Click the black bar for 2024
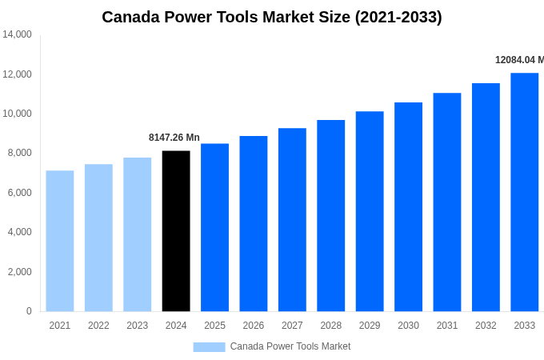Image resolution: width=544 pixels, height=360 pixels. click(176, 231)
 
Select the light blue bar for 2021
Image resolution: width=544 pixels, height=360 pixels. click(60, 241)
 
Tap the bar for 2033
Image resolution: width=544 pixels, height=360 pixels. click(524, 192)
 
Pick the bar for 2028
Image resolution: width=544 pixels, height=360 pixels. click(330, 216)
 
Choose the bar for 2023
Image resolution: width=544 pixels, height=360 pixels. click(138, 234)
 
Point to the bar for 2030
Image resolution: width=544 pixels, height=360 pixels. click(408, 207)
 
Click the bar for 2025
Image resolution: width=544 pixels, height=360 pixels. click(214, 227)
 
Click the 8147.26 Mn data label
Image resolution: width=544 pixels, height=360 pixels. click(174, 138)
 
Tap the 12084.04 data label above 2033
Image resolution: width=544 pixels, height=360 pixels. click(519, 60)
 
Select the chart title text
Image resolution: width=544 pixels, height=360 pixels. click(272, 17)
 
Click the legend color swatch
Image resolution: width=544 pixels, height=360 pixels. click(209, 346)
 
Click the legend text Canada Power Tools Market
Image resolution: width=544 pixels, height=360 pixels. click(290, 346)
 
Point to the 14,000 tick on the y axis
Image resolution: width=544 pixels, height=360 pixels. click(17, 34)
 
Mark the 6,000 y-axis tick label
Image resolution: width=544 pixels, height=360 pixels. click(18, 193)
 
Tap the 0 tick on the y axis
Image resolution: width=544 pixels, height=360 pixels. click(29, 311)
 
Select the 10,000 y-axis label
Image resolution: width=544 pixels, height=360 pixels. click(17, 114)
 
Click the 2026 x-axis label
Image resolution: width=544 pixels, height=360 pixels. click(254, 326)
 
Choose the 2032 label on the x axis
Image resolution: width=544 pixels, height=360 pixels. click(486, 326)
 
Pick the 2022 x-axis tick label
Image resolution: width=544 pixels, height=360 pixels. click(98, 326)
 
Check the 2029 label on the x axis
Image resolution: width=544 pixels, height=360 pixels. click(370, 326)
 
